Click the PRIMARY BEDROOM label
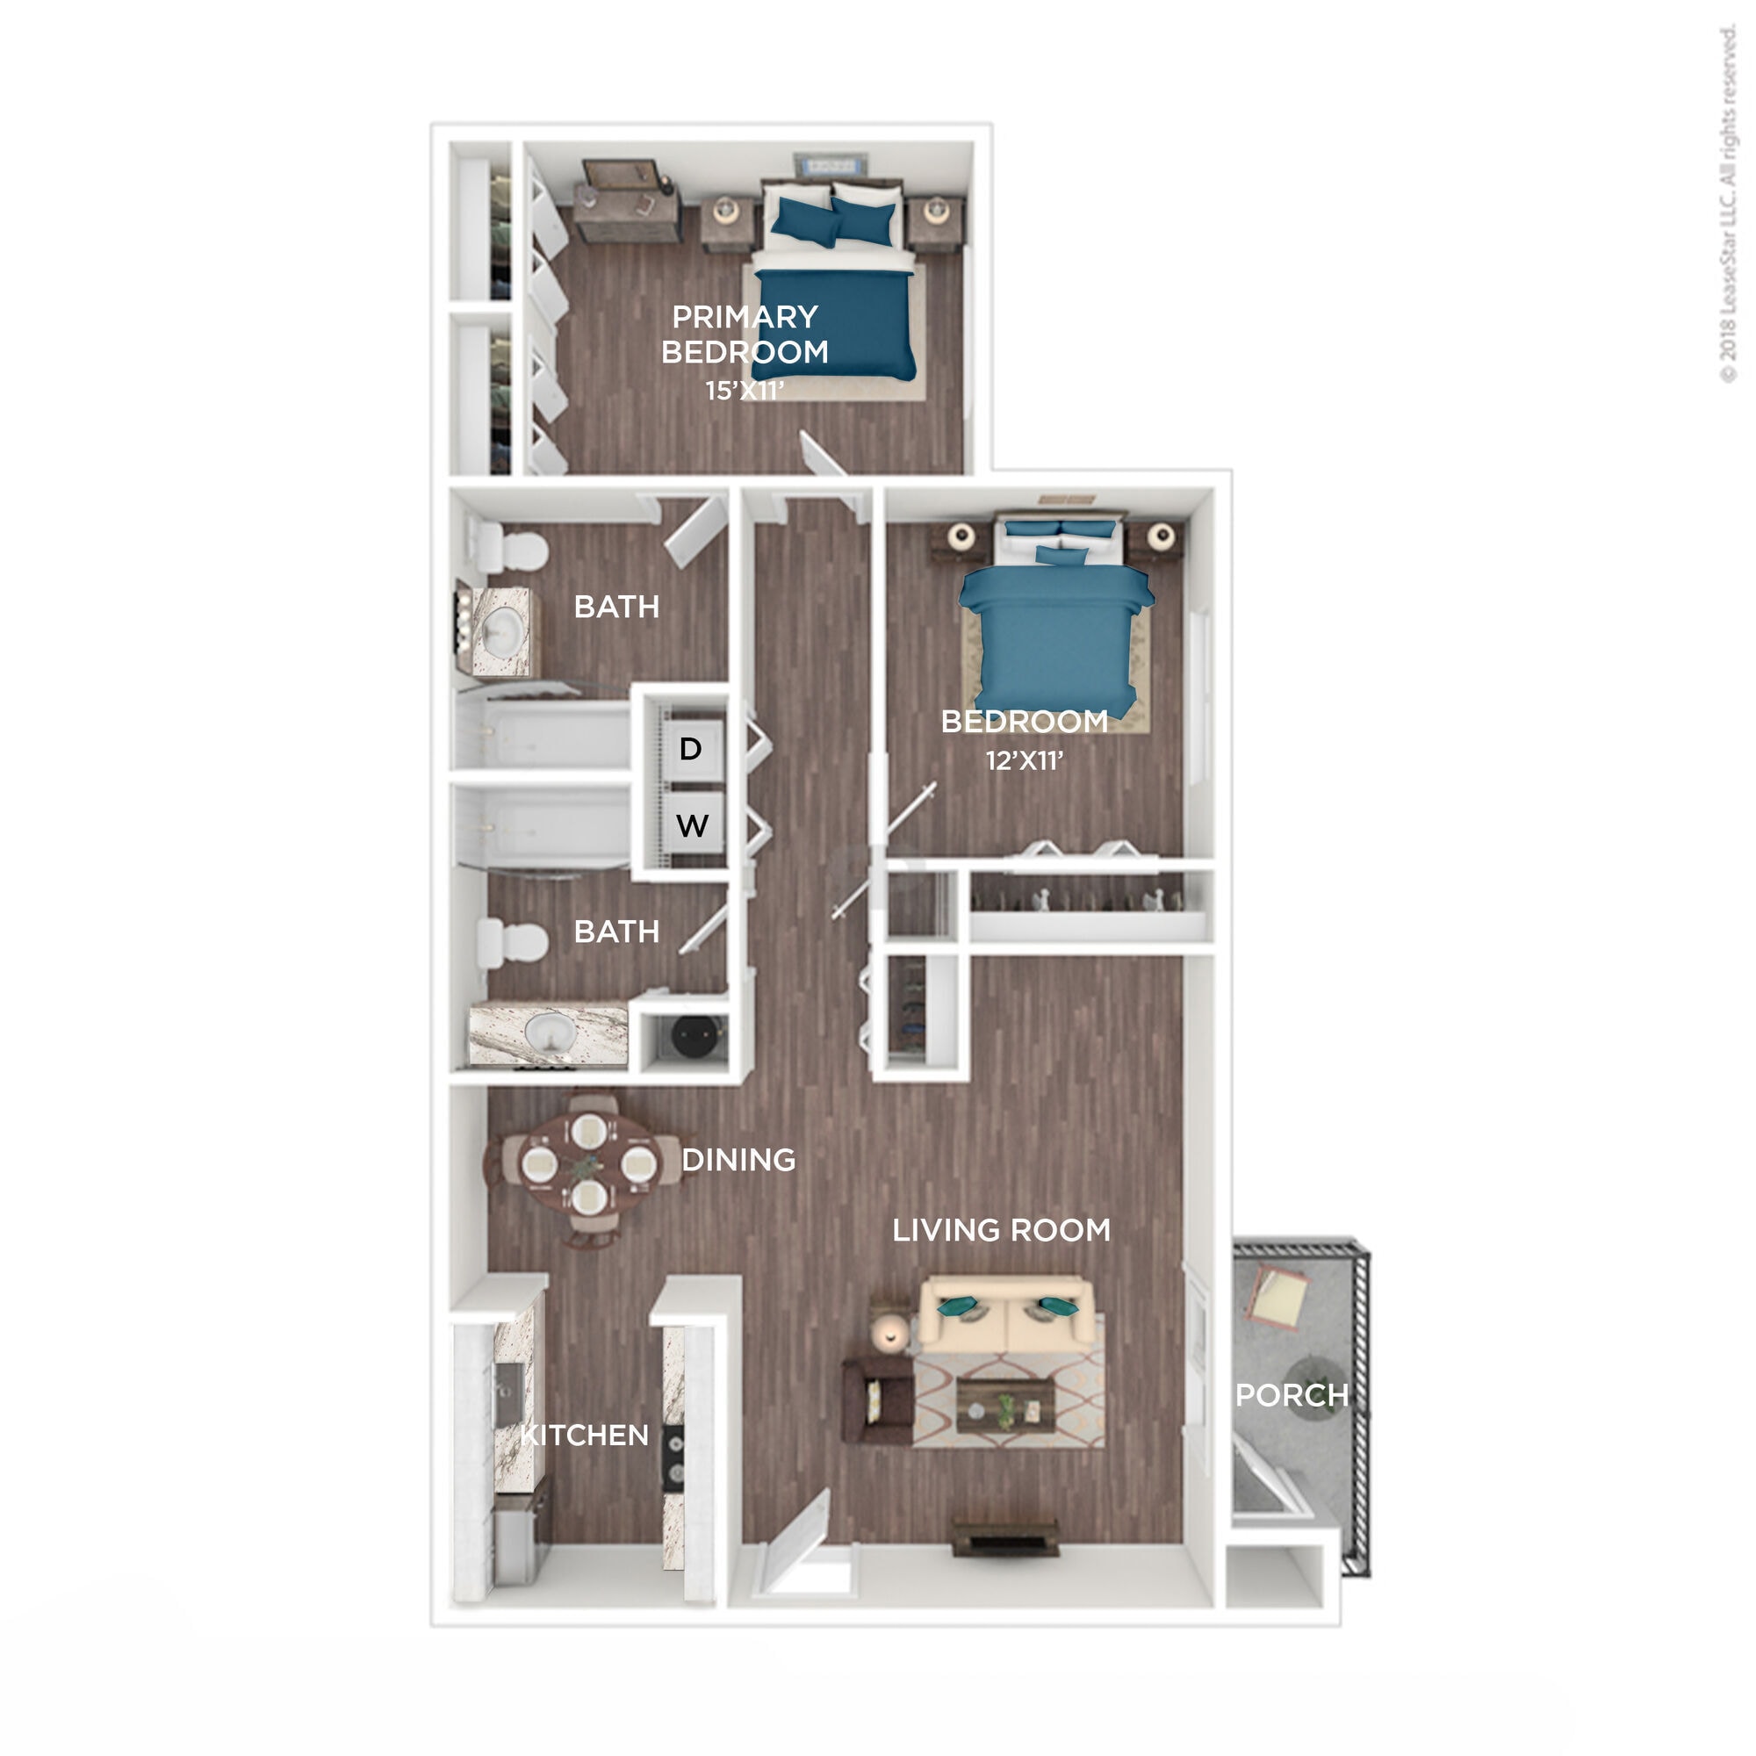[745, 334]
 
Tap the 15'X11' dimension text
[745, 390]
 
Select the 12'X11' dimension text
[1025, 759]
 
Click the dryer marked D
[692, 749]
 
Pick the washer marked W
[692, 825]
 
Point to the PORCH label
[1292, 1395]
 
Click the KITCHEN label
[585, 1436]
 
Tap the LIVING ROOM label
[1002, 1231]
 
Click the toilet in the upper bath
[512, 549]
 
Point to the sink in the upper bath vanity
[501, 630]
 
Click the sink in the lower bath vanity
[549, 1033]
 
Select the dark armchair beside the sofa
[877, 1400]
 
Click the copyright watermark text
[1728, 205]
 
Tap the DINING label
[738, 1160]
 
